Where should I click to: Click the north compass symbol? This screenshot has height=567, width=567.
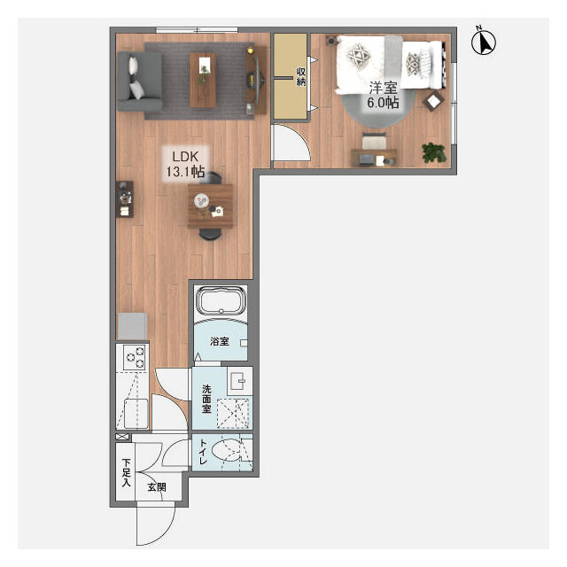pos(484,42)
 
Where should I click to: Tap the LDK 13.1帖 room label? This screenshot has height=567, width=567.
pos(185,164)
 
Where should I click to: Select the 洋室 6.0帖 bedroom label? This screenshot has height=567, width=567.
pos(383,95)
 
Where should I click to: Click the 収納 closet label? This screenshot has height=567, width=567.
pos(301,76)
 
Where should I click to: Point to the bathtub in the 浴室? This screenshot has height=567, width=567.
pos(221,300)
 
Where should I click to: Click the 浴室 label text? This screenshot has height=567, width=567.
pos(220,341)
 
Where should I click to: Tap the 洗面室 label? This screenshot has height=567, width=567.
pos(206,399)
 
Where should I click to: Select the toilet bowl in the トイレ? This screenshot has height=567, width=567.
pos(226,450)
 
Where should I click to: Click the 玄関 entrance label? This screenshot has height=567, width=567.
pos(157,487)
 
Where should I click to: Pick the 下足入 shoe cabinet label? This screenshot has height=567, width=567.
pos(126,472)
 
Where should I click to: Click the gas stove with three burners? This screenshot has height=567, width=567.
pos(135,357)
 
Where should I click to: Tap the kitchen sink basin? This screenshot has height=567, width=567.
pos(136,413)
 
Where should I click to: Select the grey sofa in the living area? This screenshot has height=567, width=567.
pos(140,81)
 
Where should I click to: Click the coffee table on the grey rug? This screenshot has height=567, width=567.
pos(203,81)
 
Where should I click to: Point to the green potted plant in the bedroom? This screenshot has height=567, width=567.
pos(434,152)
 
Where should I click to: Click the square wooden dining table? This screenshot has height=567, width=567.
pos(211,206)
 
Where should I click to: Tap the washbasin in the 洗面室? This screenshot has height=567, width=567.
pos(239,381)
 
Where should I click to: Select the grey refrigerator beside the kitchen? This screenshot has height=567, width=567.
pos(132,327)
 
